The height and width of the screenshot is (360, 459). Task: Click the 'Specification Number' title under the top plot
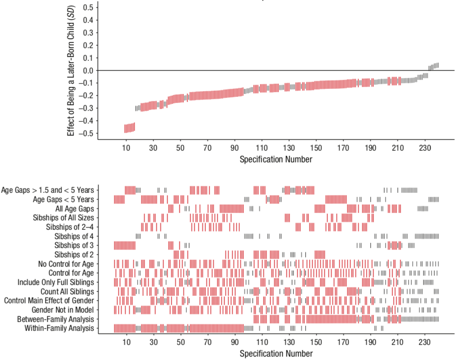pyautogui.click(x=276, y=159)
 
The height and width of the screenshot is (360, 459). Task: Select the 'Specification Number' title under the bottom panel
pyautogui.click(x=276, y=353)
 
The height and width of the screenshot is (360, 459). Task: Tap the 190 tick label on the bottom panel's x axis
pyautogui.click(x=371, y=342)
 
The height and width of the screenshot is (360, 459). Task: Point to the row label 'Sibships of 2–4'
pyautogui.click(x=70, y=227)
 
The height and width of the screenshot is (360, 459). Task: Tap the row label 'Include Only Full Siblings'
pyautogui.click(x=56, y=282)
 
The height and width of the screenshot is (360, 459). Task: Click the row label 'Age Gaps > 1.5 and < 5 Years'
pyautogui.click(x=48, y=190)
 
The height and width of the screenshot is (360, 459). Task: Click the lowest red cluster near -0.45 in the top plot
pyautogui.click(x=130, y=128)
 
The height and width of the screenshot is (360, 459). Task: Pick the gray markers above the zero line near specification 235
pyautogui.click(x=434, y=66)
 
